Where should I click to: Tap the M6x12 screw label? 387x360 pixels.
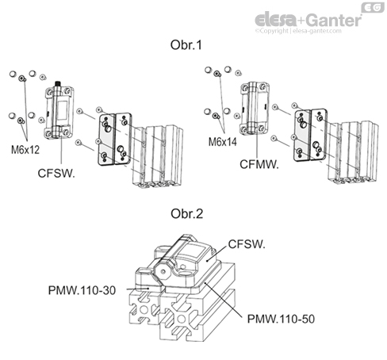(25, 148)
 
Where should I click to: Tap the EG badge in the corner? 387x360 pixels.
(371, 7)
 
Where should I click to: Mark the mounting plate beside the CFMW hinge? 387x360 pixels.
(308, 135)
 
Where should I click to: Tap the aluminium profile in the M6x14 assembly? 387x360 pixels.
(349, 155)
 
